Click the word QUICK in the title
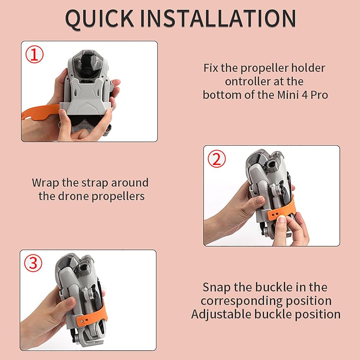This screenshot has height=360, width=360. (x=99, y=19)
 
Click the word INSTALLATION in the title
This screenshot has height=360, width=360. (x=218, y=18)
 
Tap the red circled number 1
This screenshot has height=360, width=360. (x=34, y=54)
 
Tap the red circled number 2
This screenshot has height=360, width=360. (x=217, y=159)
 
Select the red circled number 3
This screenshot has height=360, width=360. (x=33, y=263)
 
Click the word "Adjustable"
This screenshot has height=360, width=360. (x=221, y=315)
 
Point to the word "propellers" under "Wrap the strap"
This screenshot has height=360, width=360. (x=118, y=197)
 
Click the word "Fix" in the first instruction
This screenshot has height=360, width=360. (x=211, y=68)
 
